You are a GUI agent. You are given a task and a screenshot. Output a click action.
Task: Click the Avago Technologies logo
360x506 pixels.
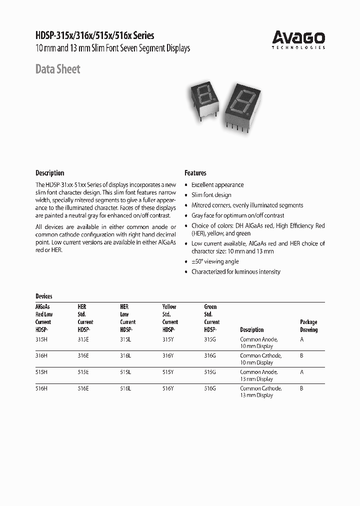click(x=298, y=39)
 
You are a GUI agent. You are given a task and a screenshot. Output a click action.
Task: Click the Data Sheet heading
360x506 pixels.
click(x=57, y=69)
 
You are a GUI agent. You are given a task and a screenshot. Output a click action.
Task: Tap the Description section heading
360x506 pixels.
click(x=49, y=173)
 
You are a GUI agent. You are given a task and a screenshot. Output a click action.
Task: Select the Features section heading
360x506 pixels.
click(x=195, y=173)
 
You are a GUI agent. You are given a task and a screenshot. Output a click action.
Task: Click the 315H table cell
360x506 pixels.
click(x=41, y=339)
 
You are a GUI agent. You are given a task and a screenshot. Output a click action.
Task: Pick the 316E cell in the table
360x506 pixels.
click(x=83, y=355)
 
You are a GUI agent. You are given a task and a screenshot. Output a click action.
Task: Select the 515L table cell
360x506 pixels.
click(x=125, y=372)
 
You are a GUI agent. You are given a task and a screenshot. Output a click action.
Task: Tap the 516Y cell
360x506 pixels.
click(x=168, y=388)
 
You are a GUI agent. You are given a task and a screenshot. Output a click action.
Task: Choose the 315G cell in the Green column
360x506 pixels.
click(x=210, y=339)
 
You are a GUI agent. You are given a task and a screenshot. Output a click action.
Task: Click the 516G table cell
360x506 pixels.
click(x=210, y=388)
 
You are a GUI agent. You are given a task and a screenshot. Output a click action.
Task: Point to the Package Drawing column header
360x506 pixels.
click(x=308, y=326)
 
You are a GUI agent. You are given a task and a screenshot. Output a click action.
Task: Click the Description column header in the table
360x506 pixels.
click(x=252, y=330)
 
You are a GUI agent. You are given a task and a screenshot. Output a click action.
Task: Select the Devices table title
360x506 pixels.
click(x=44, y=296)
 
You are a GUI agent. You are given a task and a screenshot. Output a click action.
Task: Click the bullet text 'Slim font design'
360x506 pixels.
click(x=211, y=195)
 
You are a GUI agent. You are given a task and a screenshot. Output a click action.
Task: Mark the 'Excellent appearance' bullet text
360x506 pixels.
click(x=217, y=184)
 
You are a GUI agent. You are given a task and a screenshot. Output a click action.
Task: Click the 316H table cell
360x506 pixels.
click(x=41, y=355)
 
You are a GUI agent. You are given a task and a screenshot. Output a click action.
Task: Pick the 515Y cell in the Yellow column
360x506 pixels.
click(x=168, y=372)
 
